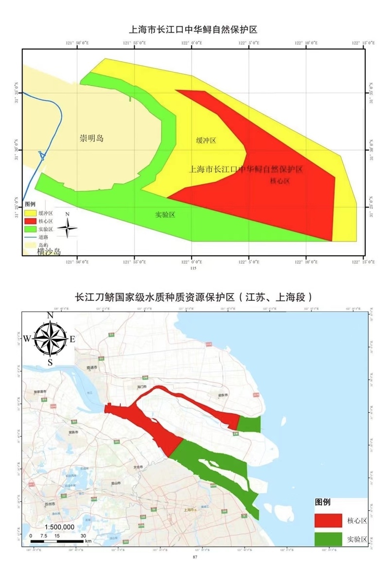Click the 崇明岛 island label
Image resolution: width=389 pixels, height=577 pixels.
click(x=92, y=139)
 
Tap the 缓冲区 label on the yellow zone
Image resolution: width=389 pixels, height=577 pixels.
click(x=206, y=141)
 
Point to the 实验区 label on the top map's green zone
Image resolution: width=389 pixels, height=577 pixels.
click(x=165, y=215)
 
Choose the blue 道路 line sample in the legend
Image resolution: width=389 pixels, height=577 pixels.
click(x=30, y=237)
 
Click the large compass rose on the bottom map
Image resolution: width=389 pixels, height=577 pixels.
click(x=50, y=337)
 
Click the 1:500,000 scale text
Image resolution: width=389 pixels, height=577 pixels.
click(x=59, y=526)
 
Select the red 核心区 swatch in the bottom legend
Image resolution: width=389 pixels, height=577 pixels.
click(x=328, y=520)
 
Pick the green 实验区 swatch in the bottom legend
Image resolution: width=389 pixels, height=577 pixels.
click(x=328, y=539)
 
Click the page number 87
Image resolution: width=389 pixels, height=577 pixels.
click(x=195, y=557)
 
